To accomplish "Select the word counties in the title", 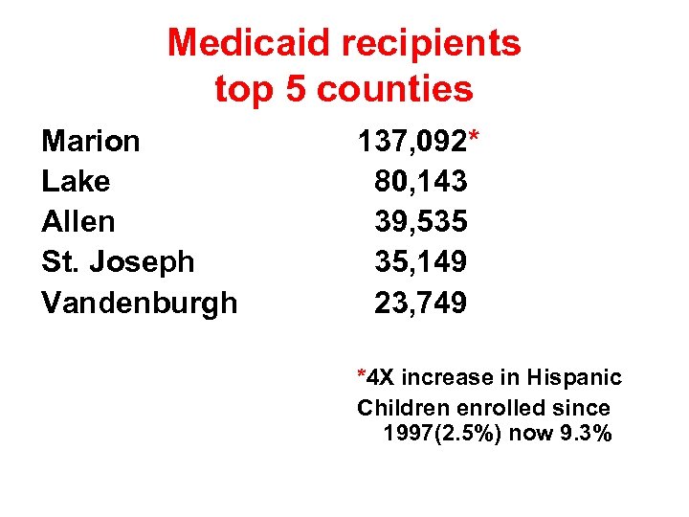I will [x=394, y=89].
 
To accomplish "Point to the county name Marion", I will [x=91, y=141].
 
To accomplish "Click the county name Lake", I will [x=76, y=181].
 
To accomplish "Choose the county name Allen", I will [x=78, y=221].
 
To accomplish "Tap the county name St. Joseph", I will [x=118, y=261].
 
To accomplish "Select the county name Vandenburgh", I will [x=140, y=303].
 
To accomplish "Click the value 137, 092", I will [x=411, y=142].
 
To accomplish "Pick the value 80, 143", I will [x=421, y=181].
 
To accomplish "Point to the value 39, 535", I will [x=421, y=221].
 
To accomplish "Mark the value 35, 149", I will [x=421, y=261].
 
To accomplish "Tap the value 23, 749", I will [x=421, y=303].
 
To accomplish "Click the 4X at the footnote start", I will [x=380, y=378].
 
